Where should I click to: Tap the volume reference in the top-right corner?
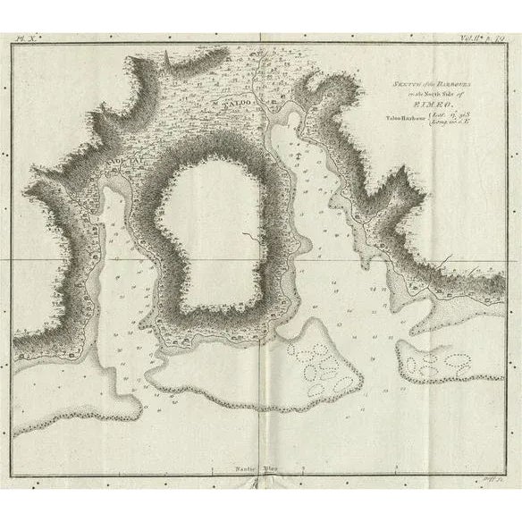(x=483, y=39)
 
